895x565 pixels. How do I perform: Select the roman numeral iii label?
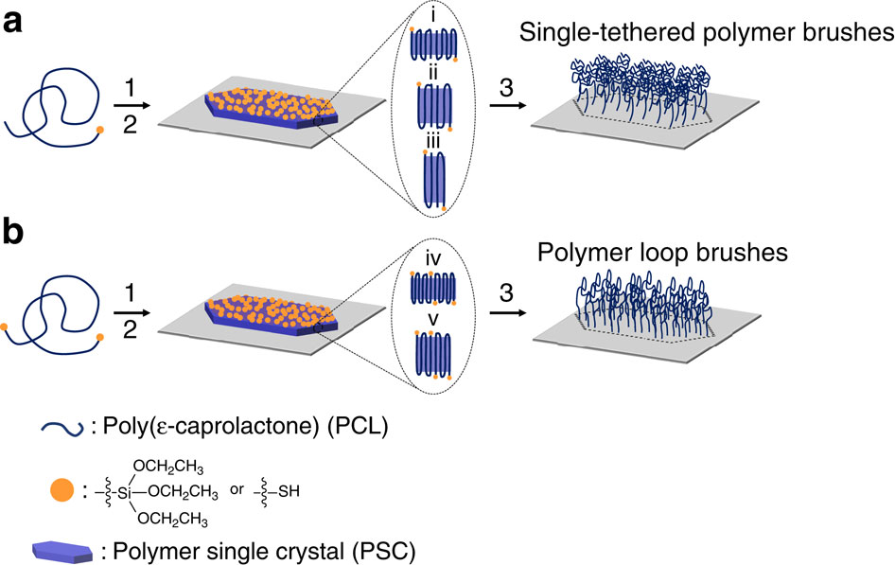tap(430, 141)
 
